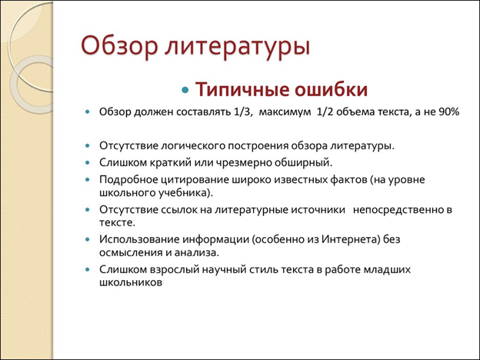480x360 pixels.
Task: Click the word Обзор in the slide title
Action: coord(120,45)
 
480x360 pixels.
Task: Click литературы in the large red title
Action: coord(238,46)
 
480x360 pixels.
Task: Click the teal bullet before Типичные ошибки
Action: coord(185,90)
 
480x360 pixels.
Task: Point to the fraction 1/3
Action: coord(244,112)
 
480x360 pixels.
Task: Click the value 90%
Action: coord(447,112)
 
